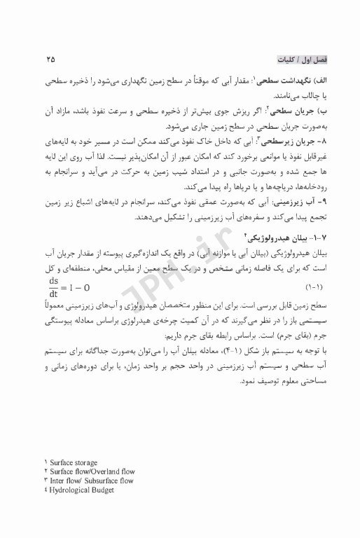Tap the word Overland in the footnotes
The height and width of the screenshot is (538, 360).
(x=116, y=473)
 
